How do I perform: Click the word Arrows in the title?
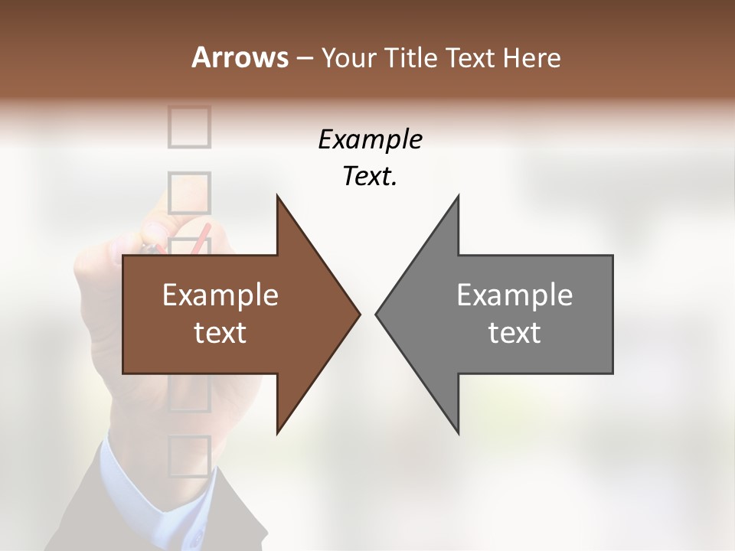240,57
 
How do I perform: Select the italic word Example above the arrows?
370,140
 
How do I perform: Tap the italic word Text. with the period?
370,177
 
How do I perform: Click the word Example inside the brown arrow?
220,295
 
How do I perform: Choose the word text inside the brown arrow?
220,333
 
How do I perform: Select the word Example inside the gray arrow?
514,295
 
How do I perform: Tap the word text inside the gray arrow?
514,333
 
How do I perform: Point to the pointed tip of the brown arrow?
358,314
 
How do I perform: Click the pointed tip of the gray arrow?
377,314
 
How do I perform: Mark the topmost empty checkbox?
188,126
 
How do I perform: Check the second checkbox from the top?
188,192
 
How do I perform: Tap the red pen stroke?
200,239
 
